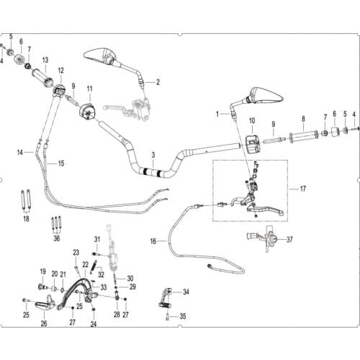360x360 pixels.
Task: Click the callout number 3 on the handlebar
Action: [x=153, y=156]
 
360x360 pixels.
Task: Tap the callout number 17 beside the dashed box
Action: [x=303, y=189]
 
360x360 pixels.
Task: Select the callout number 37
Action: [x=289, y=240]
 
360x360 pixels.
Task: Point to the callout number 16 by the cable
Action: [x=153, y=241]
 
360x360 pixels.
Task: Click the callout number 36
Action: [x=57, y=238]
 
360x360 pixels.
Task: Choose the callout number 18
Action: [x=26, y=219]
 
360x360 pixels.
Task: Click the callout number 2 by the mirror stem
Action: [x=158, y=82]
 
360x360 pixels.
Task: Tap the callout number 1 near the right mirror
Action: [x=217, y=114]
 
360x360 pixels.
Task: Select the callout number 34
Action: [x=186, y=292]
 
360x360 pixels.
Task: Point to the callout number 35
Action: [x=183, y=316]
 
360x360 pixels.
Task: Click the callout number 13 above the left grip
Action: [x=45, y=60]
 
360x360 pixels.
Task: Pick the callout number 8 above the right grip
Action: [x=303, y=119]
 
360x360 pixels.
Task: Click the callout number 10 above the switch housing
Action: [x=252, y=120]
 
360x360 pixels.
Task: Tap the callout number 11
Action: [x=89, y=89]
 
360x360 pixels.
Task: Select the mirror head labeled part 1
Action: [x=266, y=96]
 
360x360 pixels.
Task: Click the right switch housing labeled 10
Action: [x=253, y=144]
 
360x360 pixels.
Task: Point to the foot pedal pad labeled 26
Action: [x=45, y=305]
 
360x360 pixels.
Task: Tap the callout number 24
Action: [x=94, y=324]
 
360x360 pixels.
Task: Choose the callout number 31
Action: [x=97, y=239]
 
